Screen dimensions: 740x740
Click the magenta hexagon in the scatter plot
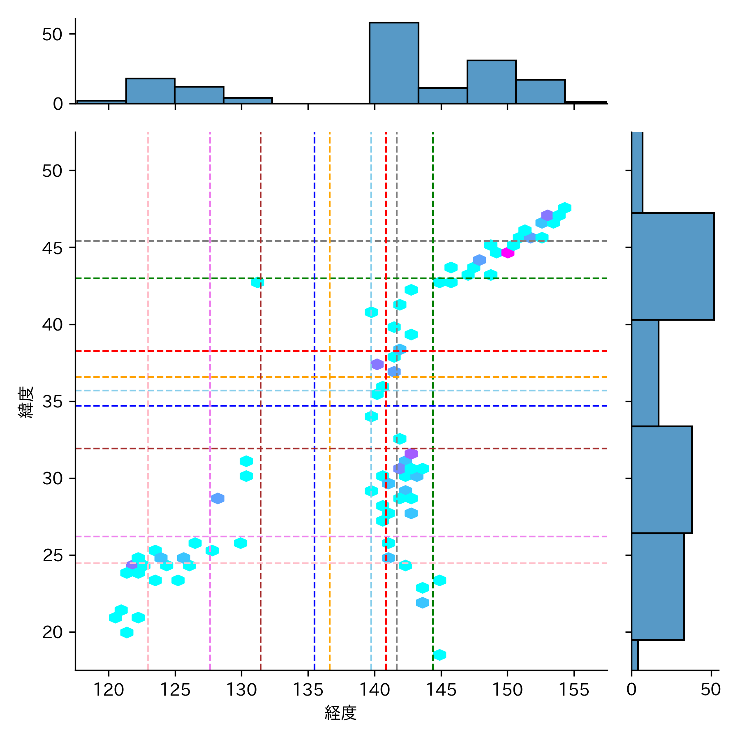508,253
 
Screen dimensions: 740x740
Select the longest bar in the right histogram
673,266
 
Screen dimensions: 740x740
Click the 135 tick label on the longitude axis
308,689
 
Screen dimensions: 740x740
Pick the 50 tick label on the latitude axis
52,171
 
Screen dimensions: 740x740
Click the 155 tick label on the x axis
574,689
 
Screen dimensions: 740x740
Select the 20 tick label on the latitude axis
52,632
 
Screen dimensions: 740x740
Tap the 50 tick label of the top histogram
52,35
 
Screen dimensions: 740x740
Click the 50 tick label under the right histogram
711,689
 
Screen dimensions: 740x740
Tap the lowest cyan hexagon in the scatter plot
439,655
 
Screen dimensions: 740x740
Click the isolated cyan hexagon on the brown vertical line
258,282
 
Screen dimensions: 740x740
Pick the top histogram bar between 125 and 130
199,95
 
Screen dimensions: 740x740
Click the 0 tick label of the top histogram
58,104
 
